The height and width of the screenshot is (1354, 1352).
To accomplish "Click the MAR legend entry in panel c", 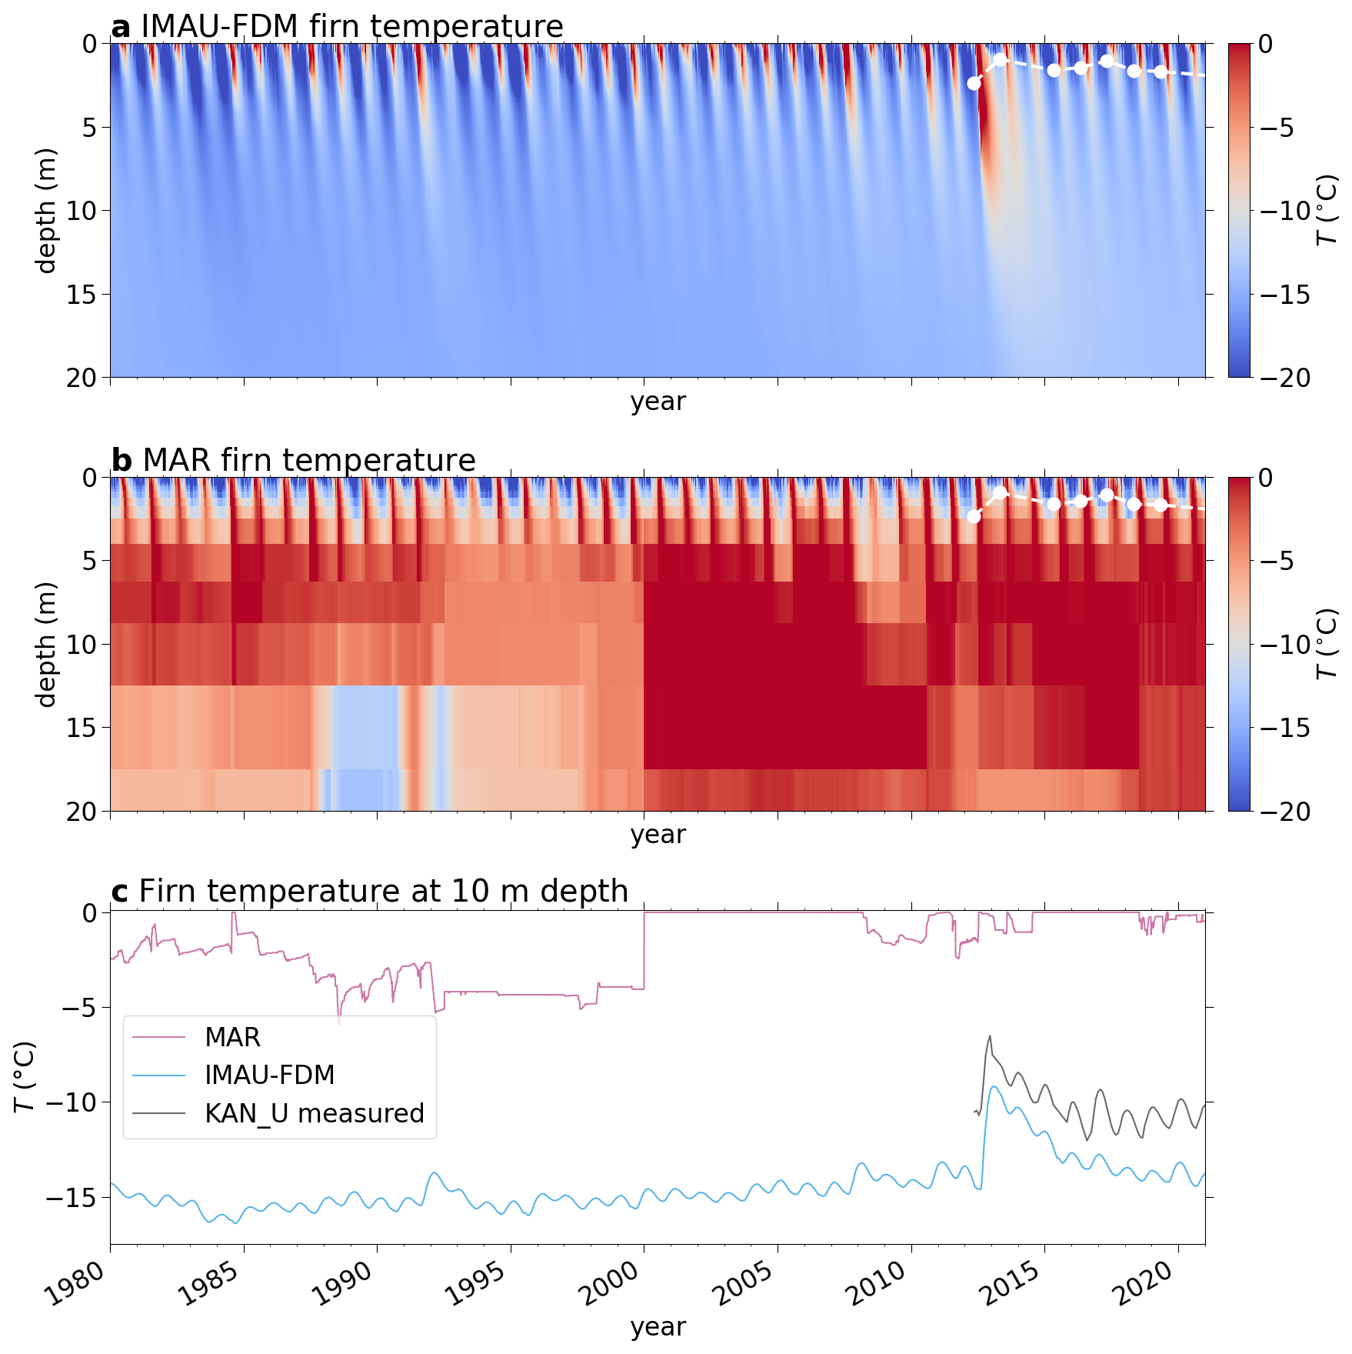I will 232,1037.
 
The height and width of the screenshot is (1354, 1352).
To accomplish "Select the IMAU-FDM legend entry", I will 269,1075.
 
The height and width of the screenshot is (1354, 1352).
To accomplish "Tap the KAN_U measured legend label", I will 314,1113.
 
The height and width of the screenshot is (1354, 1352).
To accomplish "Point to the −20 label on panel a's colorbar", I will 1285,378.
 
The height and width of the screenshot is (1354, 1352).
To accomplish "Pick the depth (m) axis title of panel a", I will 46,210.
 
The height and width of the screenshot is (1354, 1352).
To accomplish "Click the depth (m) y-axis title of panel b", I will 46,644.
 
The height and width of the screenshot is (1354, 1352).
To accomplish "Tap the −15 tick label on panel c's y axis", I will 71,1198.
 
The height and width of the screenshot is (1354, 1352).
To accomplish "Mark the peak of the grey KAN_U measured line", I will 990,1036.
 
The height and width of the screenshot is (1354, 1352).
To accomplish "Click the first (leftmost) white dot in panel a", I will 974,83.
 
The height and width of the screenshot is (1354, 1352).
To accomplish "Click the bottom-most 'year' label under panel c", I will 658,1327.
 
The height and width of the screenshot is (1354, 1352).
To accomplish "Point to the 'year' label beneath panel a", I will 658,401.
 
